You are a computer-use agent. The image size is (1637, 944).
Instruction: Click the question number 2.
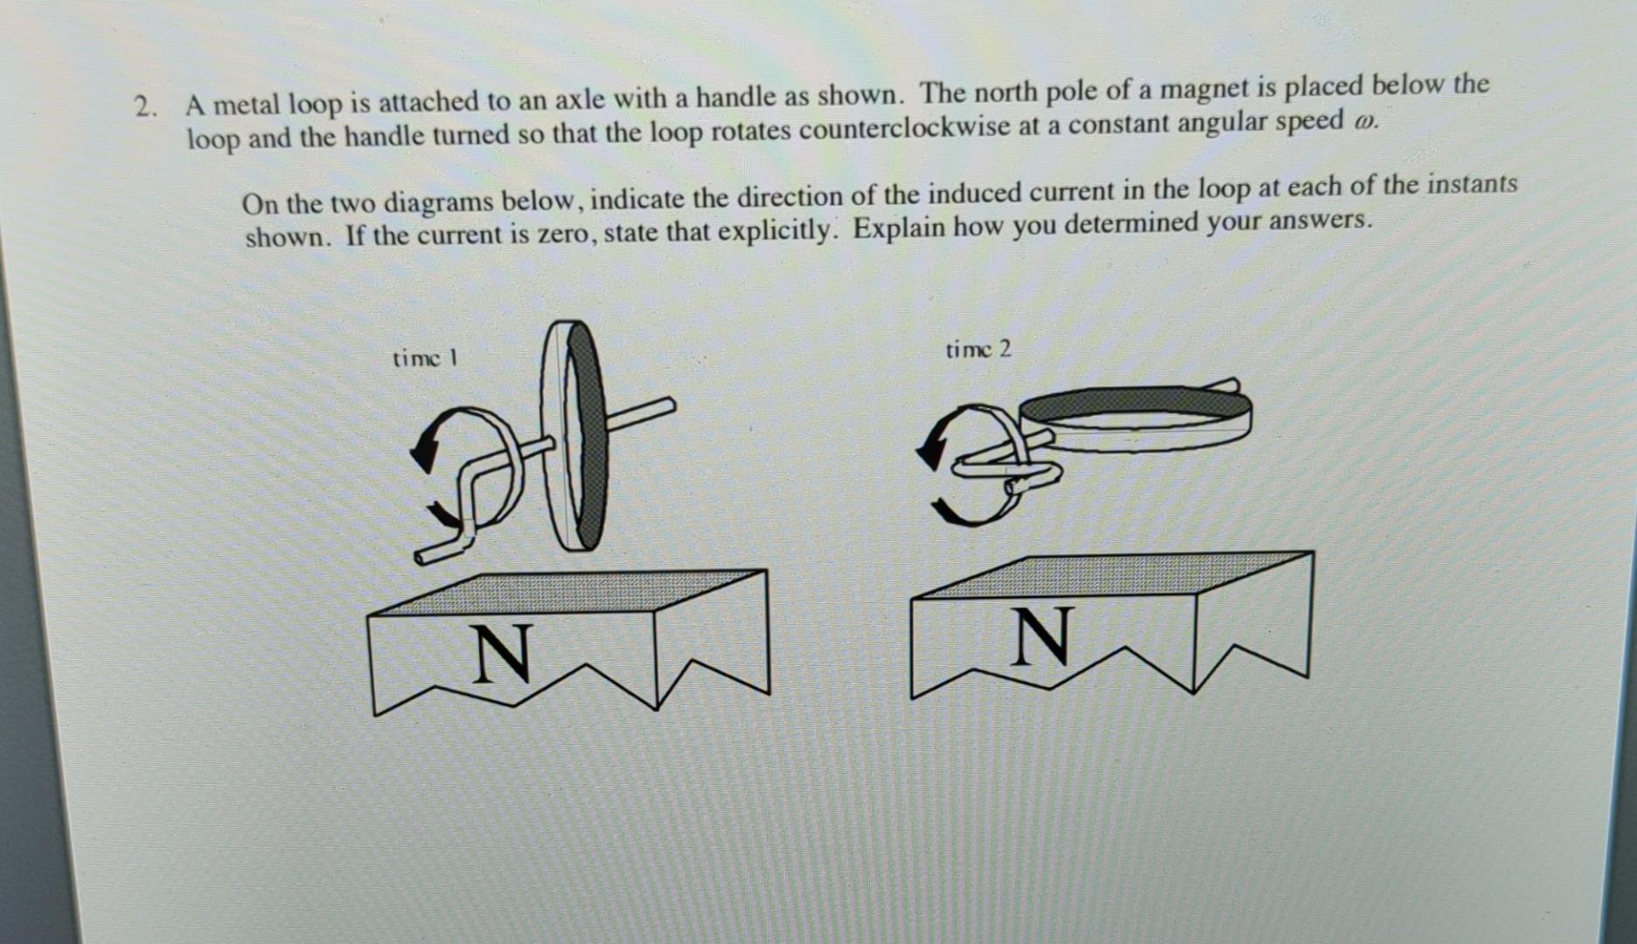click(143, 108)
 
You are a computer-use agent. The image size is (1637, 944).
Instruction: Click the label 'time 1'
click(425, 358)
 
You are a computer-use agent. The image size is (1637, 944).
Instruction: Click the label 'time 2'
click(978, 351)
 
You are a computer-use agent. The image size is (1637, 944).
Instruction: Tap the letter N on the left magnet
click(503, 653)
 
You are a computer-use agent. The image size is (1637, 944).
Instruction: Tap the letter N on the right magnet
click(1041, 636)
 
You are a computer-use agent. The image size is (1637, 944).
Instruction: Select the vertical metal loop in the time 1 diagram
click(575, 437)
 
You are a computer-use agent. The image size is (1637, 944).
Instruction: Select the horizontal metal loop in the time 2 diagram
click(1137, 420)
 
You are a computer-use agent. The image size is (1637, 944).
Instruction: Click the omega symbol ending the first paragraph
click(1364, 121)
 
